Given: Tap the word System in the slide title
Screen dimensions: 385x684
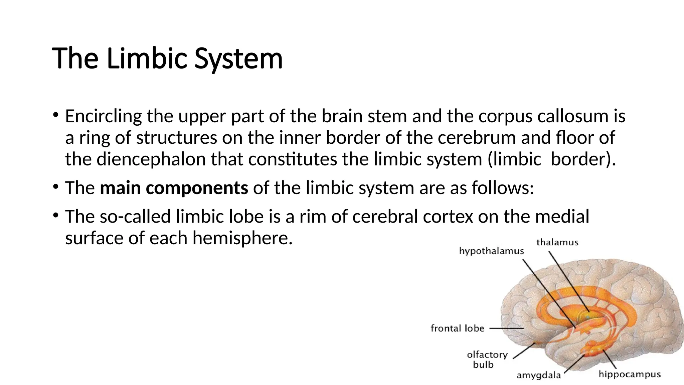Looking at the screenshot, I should pyautogui.click(x=238, y=59).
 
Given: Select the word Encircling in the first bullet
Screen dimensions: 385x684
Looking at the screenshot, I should pyautogui.click(x=104, y=116).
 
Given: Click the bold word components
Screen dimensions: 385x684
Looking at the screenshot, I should pyautogui.click(x=197, y=188).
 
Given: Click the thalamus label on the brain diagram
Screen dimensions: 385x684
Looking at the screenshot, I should pyautogui.click(x=557, y=242).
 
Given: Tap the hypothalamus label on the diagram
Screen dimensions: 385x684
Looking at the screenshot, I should pyautogui.click(x=491, y=251).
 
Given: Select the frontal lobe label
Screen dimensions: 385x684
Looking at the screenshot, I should pyautogui.click(x=457, y=329).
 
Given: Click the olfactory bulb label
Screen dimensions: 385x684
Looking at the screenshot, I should pyautogui.click(x=487, y=359).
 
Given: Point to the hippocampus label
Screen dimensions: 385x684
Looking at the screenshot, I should pyautogui.click(x=630, y=374).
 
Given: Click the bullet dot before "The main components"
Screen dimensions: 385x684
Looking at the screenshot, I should pyautogui.click(x=55, y=186).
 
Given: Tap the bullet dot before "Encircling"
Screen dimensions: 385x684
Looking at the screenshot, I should pyautogui.click(x=55, y=115).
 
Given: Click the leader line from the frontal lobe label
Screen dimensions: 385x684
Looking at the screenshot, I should pyautogui.click(x=506, y=329).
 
